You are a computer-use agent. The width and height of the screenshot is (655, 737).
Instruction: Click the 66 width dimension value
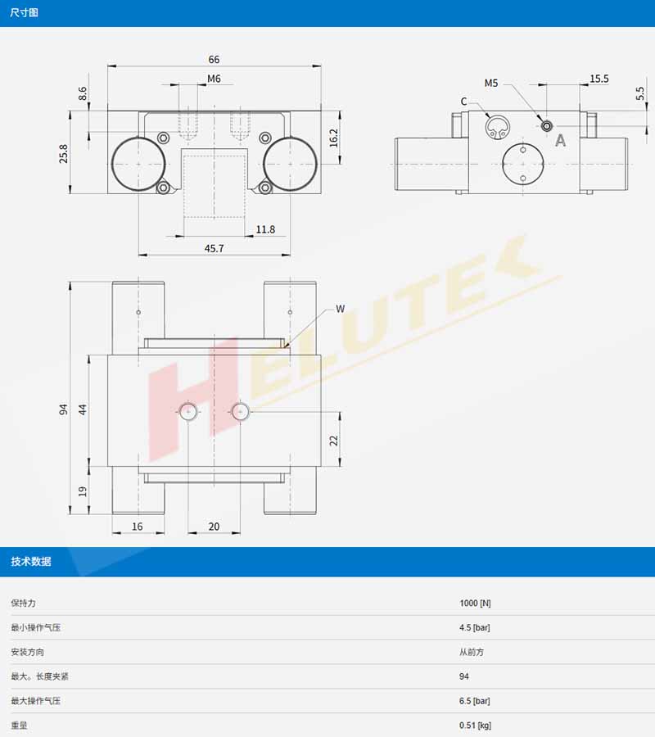(214, 60)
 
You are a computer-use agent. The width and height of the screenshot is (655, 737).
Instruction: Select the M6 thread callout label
(214, 79)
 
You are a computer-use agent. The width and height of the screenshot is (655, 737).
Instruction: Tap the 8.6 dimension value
(83, 93)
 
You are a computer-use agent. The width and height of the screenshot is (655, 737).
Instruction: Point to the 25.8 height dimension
(63, 154)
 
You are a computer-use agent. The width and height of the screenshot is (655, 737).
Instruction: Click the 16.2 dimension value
(333, 138)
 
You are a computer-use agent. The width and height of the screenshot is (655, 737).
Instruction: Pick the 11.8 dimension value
(265, 229)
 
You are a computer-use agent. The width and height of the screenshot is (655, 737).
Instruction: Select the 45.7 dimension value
(215, 248)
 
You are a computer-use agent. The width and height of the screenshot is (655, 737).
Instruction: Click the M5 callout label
(491, 84)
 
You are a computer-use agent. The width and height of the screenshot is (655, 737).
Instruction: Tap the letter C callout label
(463, 102)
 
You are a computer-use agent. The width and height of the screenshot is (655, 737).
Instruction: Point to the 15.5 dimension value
(599, 79)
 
